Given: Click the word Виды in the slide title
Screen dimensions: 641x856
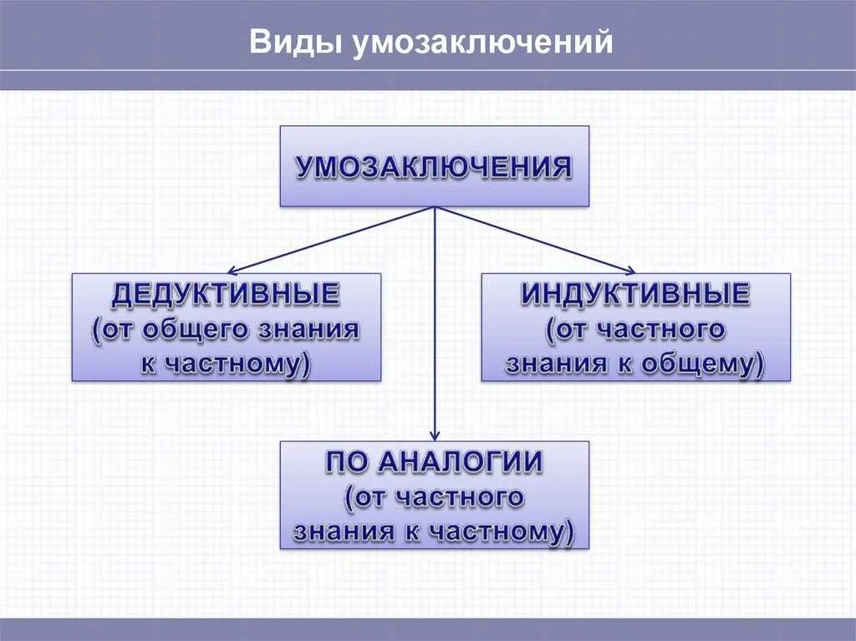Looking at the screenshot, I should click(286, 43).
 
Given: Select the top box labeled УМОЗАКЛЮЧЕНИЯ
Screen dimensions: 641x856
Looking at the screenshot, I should click(434, 166).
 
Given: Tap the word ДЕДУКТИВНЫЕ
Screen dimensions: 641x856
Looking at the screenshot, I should click(226, 294).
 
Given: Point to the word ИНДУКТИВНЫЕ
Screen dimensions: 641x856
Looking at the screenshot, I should click(635, 294).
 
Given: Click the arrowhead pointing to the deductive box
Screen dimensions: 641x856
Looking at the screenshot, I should click(233, 271).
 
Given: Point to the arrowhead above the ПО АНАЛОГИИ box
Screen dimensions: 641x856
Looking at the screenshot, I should click(435, 435).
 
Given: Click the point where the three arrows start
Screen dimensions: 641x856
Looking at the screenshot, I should click(435, 207).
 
